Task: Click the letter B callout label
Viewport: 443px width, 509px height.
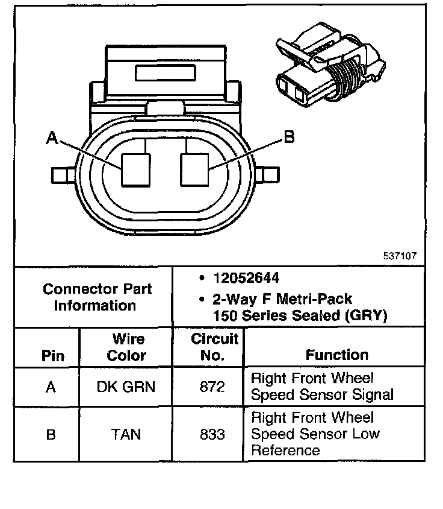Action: [289, 138]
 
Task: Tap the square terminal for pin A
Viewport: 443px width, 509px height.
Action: [135, 169]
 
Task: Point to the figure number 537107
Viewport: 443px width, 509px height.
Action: [400, 256]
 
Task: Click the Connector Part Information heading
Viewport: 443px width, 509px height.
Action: [97, 297]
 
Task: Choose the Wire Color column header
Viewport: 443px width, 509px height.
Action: [126, 347]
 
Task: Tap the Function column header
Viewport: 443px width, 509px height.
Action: [336, 355]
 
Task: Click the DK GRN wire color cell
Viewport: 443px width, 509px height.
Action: [126, 387]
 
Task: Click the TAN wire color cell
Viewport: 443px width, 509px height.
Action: [126, 434]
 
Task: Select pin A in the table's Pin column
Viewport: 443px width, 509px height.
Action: [51, 387]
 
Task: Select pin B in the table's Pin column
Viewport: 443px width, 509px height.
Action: [51, 434]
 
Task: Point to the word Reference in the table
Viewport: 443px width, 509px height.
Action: [285, 451]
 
